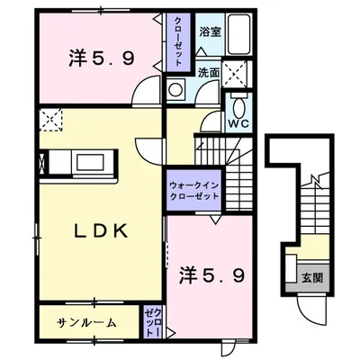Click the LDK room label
tap(102, 231)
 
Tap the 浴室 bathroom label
tap(211, 32)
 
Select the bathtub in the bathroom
tap(238, 34)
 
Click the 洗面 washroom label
tap(209, 73)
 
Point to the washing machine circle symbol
tap(175, 89)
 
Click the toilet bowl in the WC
tap(238, 107)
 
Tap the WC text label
tap(238, 123)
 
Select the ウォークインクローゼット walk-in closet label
tap(194, 191)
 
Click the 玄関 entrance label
tap(312, 278)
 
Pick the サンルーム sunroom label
tap(86, 323)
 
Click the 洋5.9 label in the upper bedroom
tap(102, 58)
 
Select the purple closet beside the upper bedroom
tap(178, 42)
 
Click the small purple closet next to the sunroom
tap(153, 322)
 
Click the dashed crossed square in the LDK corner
tap(50, 120)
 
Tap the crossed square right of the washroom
tap(235, 74)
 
